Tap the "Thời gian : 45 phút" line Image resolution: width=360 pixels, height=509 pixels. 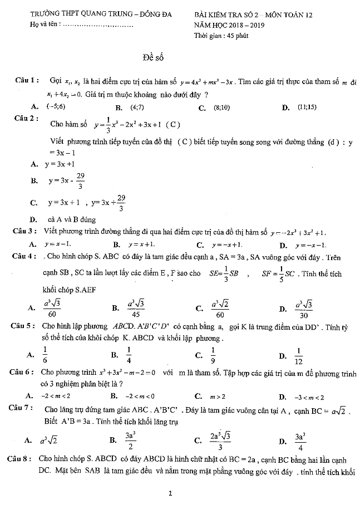tap(221, 36)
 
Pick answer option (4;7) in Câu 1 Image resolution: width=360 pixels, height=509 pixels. tap(137, 107)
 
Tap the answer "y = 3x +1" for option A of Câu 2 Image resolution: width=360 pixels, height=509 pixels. tap(60, 164)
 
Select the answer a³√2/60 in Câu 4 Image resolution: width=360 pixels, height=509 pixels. tap(220, 307)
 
